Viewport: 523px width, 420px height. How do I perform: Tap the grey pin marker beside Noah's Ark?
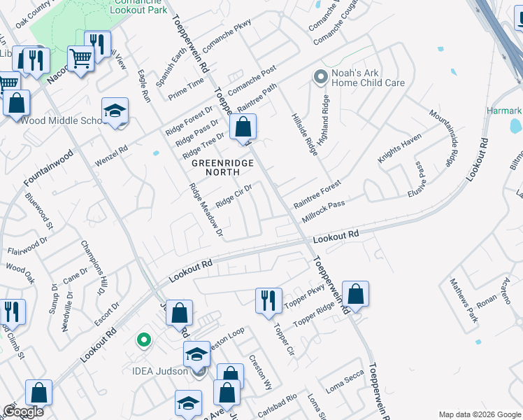321,76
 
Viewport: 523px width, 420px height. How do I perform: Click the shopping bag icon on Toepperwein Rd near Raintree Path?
243,129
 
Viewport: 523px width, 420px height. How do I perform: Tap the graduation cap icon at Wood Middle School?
115,112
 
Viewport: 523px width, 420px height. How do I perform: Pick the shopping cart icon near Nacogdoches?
81,60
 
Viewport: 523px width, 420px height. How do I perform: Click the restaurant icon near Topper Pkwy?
268,302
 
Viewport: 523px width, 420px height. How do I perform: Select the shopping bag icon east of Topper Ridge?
355,296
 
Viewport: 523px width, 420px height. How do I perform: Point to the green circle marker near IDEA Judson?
144,341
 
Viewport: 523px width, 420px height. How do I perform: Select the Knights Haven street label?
400,148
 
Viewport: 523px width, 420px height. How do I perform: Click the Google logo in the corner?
22,412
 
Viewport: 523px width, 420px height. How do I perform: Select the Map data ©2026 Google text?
479,414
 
